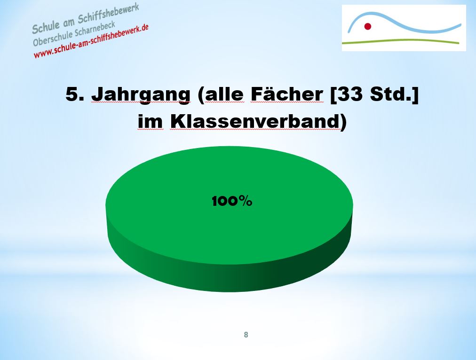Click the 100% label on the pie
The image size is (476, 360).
pos(232,201)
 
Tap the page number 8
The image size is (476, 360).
pos(246,335)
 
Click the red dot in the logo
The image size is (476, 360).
pos(368,26)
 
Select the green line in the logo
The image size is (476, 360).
pos(401,41)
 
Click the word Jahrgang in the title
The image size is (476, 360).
pos(141,94)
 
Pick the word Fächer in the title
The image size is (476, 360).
pos(286,94)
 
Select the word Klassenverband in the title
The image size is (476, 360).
pos(254,121)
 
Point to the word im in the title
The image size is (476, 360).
pos(150,122)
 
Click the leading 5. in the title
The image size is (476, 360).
pos(75,94)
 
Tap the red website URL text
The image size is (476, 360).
pos(91,41)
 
